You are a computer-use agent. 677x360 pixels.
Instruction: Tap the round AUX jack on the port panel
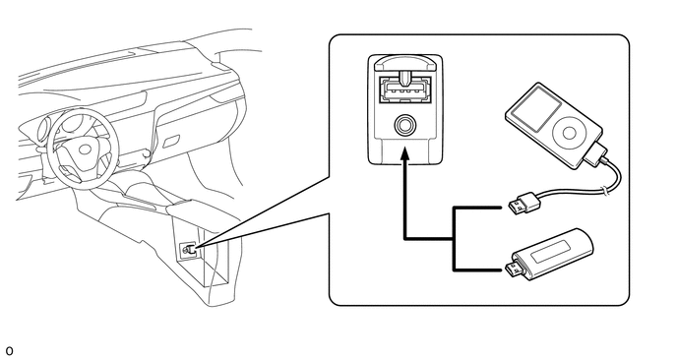click(405, 125)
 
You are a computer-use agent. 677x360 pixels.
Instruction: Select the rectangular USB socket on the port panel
click(404, 90)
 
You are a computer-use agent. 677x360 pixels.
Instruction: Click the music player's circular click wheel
click(569, 133)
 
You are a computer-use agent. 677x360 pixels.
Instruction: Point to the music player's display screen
click(536, 109)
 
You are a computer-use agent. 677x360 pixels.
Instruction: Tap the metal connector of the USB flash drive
click(517, 269)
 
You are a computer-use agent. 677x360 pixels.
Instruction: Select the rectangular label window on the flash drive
click(550, 252)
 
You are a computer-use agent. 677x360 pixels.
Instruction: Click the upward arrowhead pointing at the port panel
click(404, 153)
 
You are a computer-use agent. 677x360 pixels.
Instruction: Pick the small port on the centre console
click(189, 250)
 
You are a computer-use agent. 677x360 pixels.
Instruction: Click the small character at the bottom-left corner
click(9, 351)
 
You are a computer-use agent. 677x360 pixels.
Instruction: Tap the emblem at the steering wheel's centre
click(85, 150)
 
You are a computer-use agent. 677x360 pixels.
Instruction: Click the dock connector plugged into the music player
click(597, 154)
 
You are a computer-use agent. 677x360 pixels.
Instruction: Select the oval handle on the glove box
click(171, 142)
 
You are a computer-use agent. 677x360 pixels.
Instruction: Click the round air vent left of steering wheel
click(43, 130)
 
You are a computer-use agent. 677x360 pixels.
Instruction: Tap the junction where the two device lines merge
click(454, 238)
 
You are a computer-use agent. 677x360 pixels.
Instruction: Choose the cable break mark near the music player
click(606, 189)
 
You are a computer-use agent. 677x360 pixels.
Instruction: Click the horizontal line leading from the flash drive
click(477, 270)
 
